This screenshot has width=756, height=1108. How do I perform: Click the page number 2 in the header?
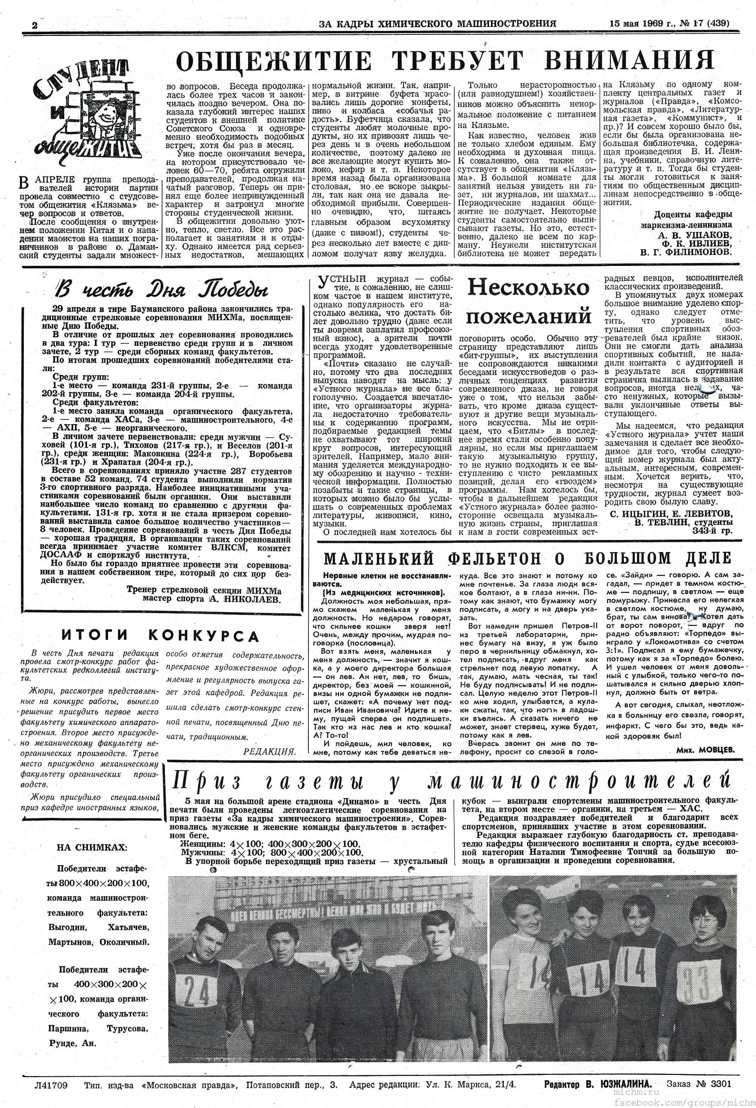[x=34, y=25]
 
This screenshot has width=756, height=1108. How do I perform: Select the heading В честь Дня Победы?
[x=162, y=289]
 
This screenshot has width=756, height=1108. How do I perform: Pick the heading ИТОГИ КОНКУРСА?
[x=160, y=636]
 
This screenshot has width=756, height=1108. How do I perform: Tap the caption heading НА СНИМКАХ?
[x=92, y=847]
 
